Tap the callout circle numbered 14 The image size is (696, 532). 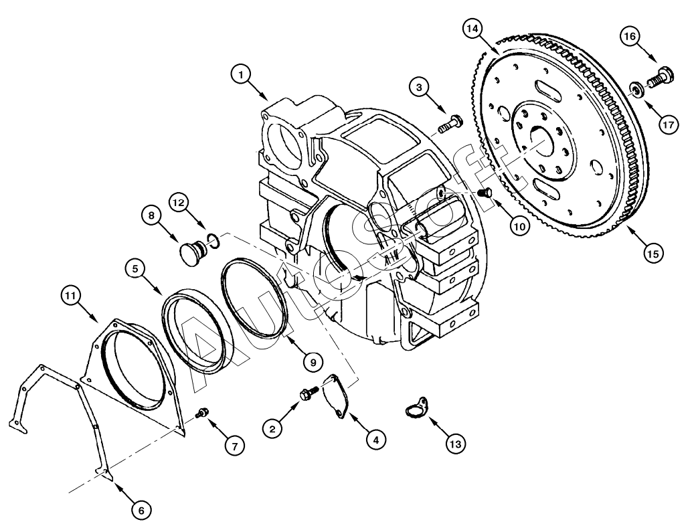pos(473,29)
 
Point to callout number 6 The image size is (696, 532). pos(140,510)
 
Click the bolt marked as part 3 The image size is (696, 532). pos(450,124)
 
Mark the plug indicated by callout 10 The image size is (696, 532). pos(487,193)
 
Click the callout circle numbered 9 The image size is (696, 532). pos(311,361)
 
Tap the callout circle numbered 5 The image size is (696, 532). pos(136,270)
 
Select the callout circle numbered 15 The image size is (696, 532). pos(654,254)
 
